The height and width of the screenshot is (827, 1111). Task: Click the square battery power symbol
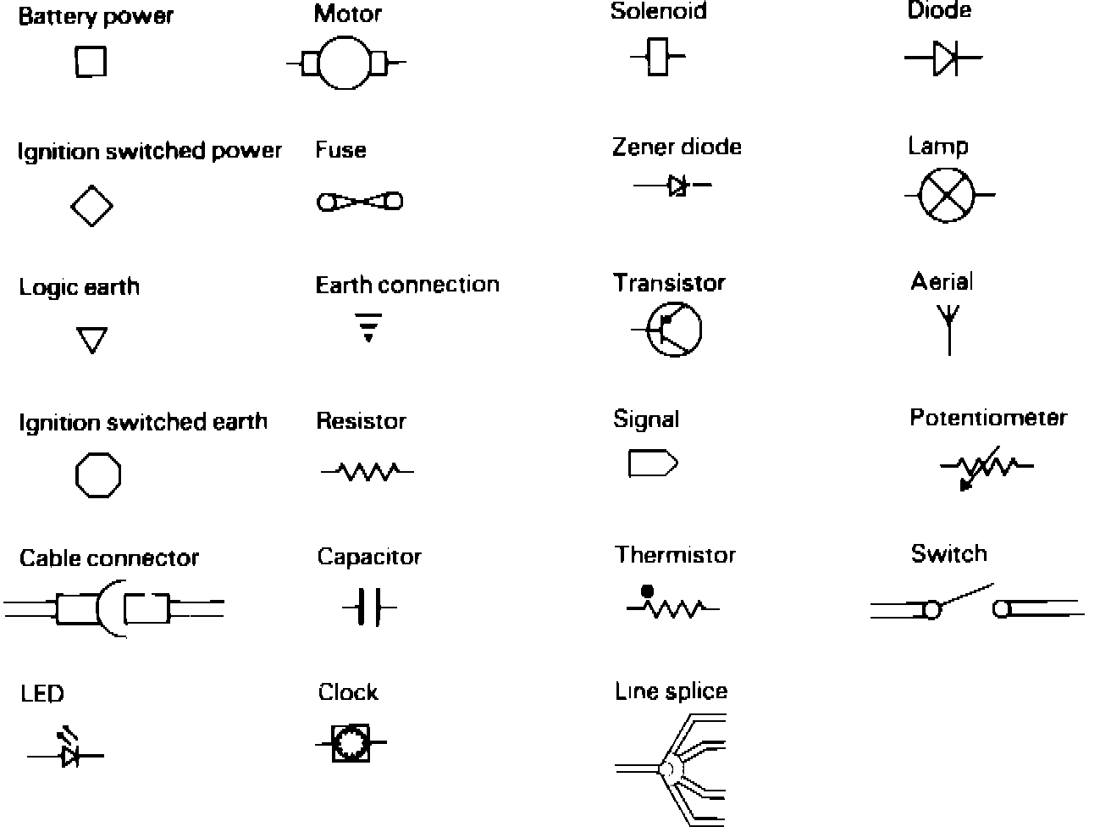pos(91,62)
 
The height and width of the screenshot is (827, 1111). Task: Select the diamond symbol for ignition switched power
pos(91,204)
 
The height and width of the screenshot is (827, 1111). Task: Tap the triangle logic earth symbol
pos(91,340)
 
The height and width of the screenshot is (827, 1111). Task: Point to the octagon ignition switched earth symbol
pos(98,475)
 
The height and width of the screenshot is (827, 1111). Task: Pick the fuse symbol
pos(359,202)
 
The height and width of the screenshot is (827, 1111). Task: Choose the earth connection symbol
pos(368,326)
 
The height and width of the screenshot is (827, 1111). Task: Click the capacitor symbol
pos(368,608)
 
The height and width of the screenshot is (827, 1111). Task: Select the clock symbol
pos(350,742)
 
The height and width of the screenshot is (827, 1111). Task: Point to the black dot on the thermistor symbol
pos(648,591)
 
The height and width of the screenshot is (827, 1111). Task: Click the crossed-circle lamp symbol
pos(948,195)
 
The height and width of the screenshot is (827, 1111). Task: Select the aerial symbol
pos(948,329)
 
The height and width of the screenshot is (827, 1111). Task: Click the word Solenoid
pos(658,12)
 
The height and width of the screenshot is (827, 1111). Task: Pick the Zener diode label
pos(677,147)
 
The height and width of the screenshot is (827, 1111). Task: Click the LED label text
pos(41,694)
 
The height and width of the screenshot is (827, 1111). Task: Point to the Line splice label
pos(671,691)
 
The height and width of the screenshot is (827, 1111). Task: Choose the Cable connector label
pos(109,558)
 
